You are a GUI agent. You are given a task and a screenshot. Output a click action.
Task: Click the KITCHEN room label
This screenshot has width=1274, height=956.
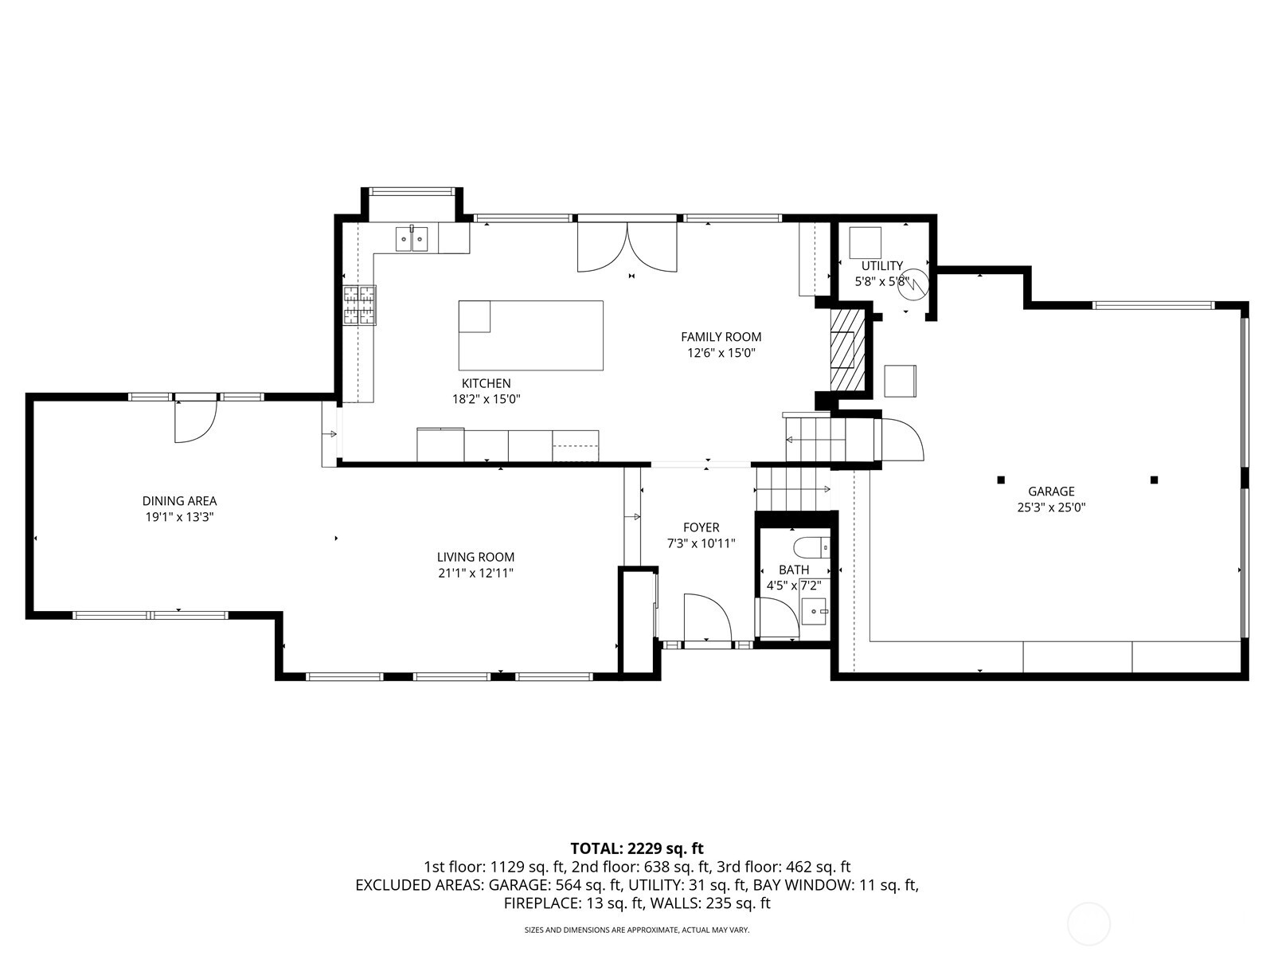click(x=486, y=383)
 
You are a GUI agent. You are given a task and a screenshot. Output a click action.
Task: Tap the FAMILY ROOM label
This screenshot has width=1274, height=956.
click(x=721, y=337)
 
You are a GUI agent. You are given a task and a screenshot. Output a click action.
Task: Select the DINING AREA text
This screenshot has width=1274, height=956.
click(x=179, y=501)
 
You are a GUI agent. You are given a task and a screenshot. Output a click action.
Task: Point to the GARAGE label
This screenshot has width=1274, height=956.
click(x=1051, y=491)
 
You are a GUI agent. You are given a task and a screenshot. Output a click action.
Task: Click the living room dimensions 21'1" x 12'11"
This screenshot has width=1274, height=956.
click(x=476, y=574)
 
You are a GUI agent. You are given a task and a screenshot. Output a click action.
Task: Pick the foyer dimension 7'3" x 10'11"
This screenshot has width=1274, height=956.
click(x=701, y=543)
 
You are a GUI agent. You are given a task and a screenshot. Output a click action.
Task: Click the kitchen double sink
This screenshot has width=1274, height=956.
click(x=412, y=238)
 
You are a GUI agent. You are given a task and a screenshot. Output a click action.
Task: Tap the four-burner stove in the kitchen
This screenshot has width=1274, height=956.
click(x=359, y=305)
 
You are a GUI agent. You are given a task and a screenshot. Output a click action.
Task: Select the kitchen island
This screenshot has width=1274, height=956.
click(x=530, y=335)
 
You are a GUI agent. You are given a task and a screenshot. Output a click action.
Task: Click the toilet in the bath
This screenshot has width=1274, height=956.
click(x=811, y=547)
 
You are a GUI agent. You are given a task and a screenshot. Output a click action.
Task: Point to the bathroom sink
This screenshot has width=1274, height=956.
click(x=815, y=611)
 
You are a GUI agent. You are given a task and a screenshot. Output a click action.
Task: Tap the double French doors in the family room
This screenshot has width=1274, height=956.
click(x=627, y=247)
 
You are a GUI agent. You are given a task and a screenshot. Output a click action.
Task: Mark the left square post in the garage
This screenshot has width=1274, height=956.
click(x=1001, y=480)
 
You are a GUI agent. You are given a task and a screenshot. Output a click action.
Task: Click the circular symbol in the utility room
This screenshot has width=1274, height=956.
click(x=913, y=284)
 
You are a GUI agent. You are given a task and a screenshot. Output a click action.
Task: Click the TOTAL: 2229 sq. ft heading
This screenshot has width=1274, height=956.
click(x=637, y=848)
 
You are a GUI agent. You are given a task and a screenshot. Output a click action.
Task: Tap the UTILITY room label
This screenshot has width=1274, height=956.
click(x=881, y=266)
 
